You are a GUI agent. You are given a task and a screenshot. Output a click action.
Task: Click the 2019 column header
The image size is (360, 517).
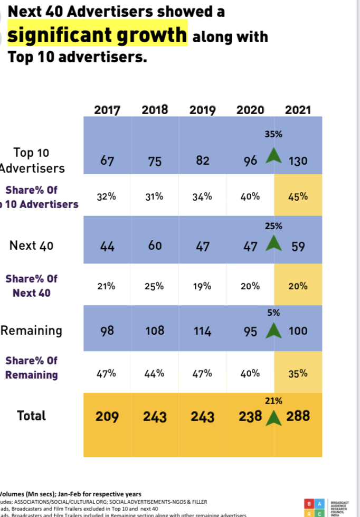coord(203,110)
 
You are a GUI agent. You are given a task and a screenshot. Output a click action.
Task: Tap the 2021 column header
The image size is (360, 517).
coord(298,110)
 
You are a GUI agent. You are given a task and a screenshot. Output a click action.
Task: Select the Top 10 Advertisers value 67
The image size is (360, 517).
coord(107,161)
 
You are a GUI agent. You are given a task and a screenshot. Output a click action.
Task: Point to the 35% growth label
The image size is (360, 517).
coord(273,135)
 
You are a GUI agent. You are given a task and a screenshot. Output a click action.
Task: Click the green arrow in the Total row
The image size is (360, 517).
coord(273,418)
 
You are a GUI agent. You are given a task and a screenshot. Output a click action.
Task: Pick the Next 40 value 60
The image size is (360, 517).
coord(155,246)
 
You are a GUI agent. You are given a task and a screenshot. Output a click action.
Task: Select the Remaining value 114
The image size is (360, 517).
coord(202,332)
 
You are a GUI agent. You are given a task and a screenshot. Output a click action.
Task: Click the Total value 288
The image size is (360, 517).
coord(298,416)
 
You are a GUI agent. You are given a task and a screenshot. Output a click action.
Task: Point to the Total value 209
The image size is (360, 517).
coord(107,417)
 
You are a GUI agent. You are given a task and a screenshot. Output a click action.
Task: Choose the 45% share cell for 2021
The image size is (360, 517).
coord(298,196)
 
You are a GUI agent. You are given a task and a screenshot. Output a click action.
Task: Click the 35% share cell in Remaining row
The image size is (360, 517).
coord(298,373)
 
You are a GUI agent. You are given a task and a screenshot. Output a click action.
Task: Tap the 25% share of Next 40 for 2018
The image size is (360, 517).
coord(155,286)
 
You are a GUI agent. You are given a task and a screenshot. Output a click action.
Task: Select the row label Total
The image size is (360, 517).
coord(32,416)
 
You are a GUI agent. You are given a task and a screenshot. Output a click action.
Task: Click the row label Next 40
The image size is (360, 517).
coord(32,246)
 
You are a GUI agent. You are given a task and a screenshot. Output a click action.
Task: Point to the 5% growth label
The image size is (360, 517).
coord(273,313)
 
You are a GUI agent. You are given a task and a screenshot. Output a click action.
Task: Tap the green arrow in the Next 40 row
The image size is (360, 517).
coord(273,245)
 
